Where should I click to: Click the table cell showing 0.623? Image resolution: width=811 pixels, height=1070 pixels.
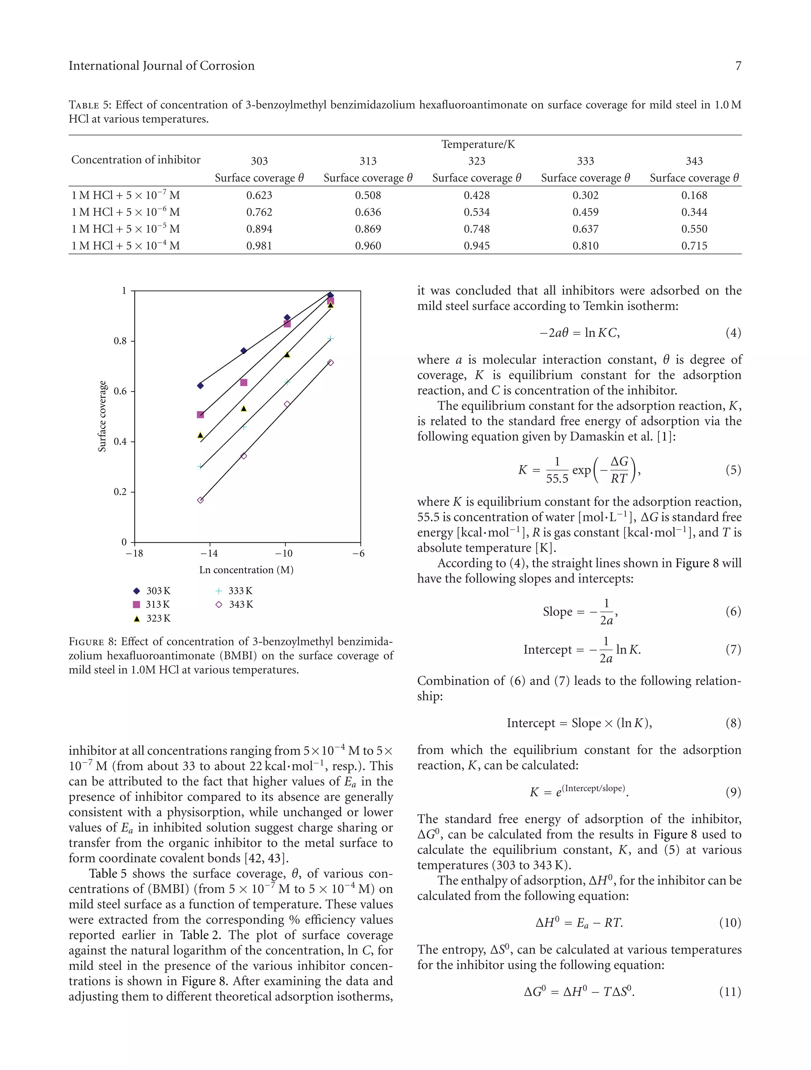tap(259, 196)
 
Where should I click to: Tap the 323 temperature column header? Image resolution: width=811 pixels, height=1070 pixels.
tap(477, 161)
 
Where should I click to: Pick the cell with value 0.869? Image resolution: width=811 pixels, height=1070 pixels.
tap(368, 229)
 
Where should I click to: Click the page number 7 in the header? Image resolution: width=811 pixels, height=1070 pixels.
tap(738, 66)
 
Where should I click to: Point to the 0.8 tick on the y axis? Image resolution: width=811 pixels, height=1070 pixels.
tap(120, 341)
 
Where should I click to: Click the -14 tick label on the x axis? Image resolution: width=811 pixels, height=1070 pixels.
tap(209, 553)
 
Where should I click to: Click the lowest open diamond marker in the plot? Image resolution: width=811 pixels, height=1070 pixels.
tap(200, 500)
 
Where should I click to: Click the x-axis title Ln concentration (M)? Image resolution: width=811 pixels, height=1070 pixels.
tap(246, 570)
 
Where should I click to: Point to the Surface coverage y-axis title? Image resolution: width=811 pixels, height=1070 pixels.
tap(102, 416)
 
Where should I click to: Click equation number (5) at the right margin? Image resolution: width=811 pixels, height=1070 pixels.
tap(733, 470)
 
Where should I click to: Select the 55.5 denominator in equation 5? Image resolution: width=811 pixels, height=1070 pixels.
tap(557, 479)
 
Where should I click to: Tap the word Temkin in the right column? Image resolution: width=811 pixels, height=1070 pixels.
tap(601, 306)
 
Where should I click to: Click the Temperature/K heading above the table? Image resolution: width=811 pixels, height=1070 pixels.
tap(478, 144)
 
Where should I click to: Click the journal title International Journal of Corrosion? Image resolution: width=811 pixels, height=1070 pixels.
tap(161, 66)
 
